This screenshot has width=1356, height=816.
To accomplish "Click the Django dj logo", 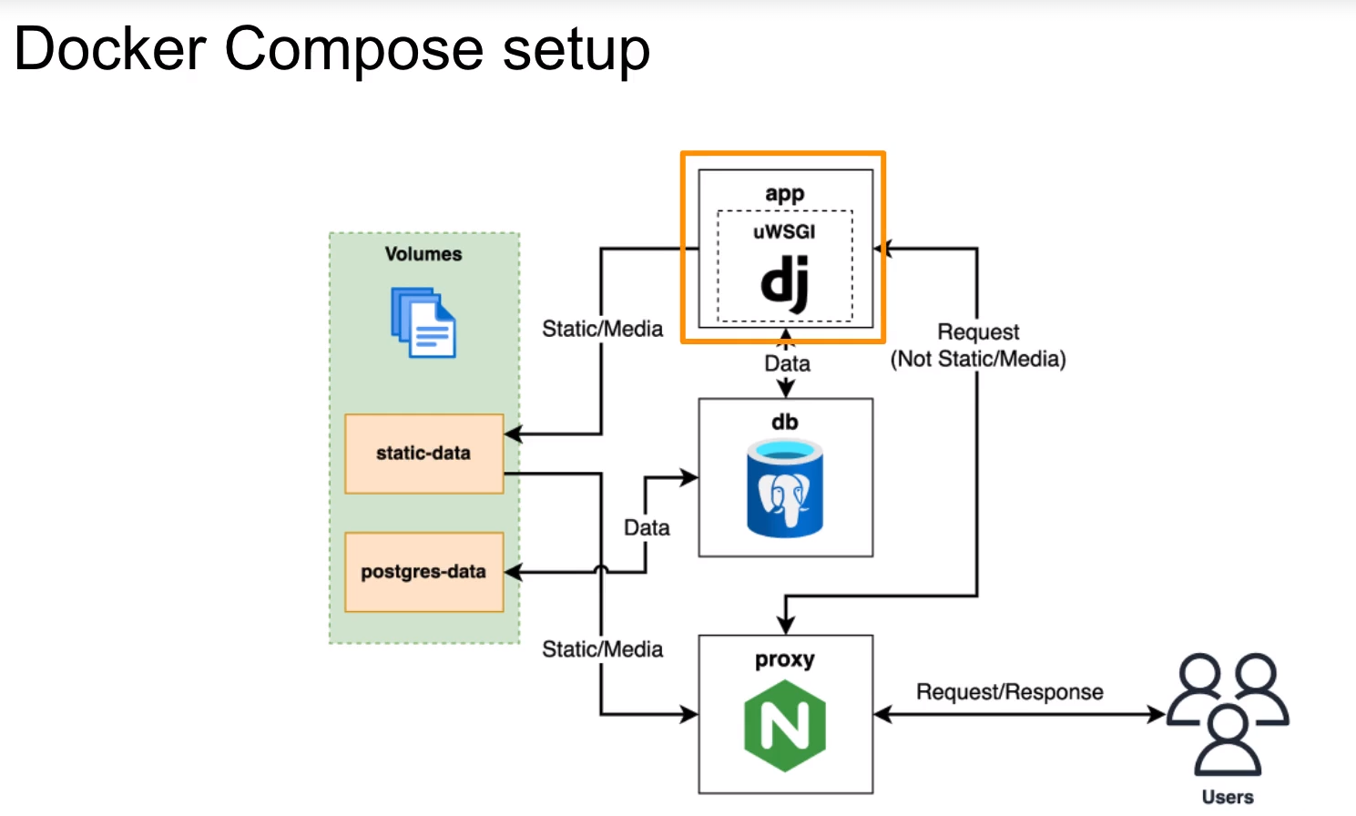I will pyautogui.click(x=785, y=283).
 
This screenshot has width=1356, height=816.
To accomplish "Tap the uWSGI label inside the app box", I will pyautogui.click(x=784, y=231).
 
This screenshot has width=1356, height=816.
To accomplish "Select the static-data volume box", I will pyautogui.click(x=423, y=454).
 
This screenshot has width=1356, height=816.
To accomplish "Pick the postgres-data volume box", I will pyautogui.click(x=423, y=572).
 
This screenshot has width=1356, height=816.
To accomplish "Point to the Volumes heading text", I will pyautogui.click(x=423, y=254).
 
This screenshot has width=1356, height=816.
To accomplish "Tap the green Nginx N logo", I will pyautogui.click(x=785, y=726).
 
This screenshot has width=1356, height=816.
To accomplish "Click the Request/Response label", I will pyautogui.click(x=1009, y=692).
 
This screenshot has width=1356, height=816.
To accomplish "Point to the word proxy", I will pyautogui.click(x=784, y=659).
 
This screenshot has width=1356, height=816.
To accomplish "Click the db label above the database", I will pyautogui.click(x=784, y=423).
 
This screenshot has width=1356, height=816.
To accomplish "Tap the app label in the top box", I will pyautogui.click(x=784, y=194).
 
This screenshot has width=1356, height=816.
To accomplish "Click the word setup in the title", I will pyautogui.click(x=576, y=50).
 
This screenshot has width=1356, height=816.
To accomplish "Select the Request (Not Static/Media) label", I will pyautogui.click(x=978, y=345).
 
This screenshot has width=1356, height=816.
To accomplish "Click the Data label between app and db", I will pyautogui.click(x=787, y=363).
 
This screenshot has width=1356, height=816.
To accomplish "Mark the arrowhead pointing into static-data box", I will pyautogui.click(x=513, y=433).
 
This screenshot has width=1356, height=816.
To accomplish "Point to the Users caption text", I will pyautogui.click(x=1228, y=797).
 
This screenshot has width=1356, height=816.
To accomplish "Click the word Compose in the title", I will pyautogui.click(x=354, y=50).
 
